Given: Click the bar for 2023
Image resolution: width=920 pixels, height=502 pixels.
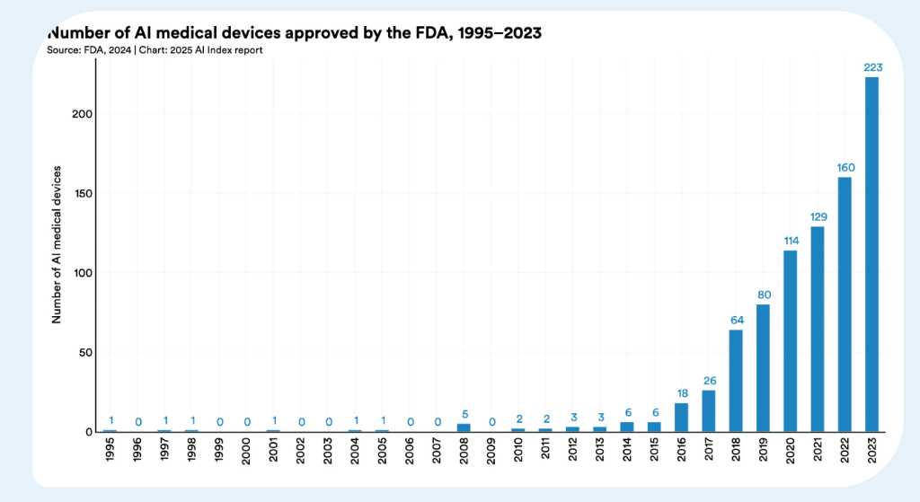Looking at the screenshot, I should point(871,254).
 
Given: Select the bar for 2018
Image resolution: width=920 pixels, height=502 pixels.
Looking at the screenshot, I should point(736,381).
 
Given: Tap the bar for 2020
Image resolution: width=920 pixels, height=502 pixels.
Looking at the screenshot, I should point(790,341).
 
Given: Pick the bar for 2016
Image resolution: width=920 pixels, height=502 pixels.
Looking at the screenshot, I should point(681,417).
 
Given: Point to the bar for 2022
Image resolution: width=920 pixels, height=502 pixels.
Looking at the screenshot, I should point(845,304).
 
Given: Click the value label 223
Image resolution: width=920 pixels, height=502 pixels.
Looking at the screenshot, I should point(871,67).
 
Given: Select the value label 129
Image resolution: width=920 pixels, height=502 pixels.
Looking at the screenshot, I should point(818,216).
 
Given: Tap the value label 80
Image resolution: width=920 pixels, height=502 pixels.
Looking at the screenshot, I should point(763,295).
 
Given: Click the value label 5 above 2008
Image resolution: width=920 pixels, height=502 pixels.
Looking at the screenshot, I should point(464,414).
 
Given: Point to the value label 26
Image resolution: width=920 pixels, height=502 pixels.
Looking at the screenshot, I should point(709,381).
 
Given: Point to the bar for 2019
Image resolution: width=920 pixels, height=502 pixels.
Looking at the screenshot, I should point(763,368).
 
